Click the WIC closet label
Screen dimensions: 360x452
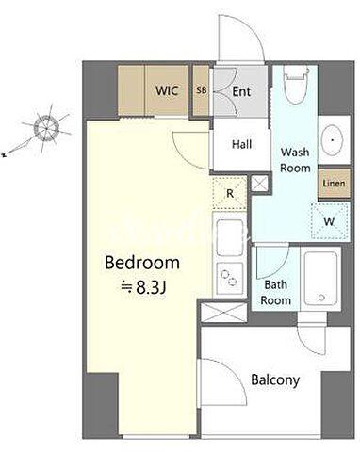pos(167,90)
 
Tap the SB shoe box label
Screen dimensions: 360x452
pos(202,90)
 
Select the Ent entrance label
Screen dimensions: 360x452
pos(241,91)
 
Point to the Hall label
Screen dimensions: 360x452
pos(241,144)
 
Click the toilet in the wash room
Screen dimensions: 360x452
pos(295,85)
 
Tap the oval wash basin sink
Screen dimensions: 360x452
pos(333,140)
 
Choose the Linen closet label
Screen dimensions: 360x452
pos(334,184)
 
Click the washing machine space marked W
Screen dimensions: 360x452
pos(330,221)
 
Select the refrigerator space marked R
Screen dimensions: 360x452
pos(230,193)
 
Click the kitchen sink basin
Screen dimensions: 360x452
pos(230,237)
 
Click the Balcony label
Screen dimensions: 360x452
pos(275,380)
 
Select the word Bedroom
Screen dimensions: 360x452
pos(142,263)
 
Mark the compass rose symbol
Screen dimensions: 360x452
pos(46,128)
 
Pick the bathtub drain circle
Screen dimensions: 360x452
pos(321,298)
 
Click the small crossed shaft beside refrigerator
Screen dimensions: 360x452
pos(259,184)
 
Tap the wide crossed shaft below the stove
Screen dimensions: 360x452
pos(224,313)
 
